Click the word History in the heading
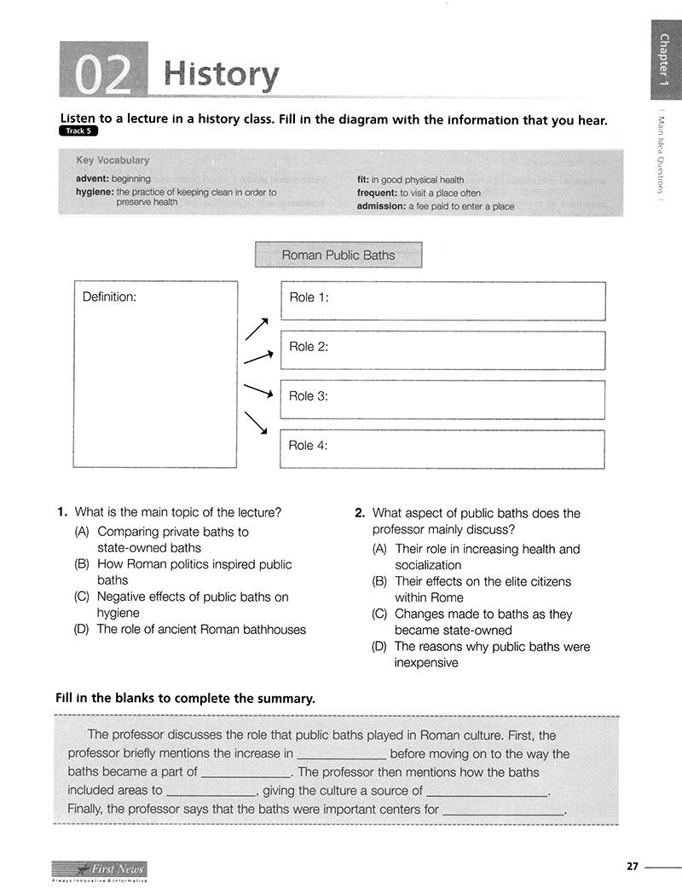tap(221, 75)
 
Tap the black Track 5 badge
tap(79, 131)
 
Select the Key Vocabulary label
tap(113, 160)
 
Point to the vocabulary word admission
tap(380, 206)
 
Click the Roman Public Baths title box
tap(338, 255)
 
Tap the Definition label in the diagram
tap(109, 297)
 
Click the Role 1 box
tap(442, 301)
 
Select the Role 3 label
tap(309, 396)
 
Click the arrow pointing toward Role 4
tap(256, 423)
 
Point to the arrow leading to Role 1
tap(257, 329)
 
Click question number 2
tap(360, 514)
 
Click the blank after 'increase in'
tap(341, 755)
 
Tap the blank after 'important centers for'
tap(504, 810)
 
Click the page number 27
tap(632, 867)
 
